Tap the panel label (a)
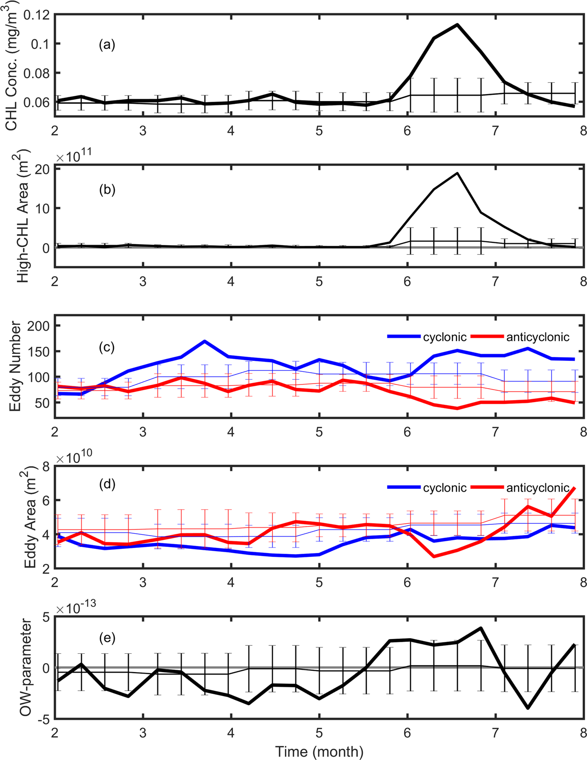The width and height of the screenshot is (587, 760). [x=107, y=45]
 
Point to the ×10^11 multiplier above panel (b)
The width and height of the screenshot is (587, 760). [x=74, y=157]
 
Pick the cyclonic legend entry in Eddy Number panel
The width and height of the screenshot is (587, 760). [x=427, y=337]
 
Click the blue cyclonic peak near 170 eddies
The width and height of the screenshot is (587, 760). [x=204, y=341]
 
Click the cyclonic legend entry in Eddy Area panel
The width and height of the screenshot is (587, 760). [x=427, y=487]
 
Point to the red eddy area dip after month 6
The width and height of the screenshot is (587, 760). [x=434, y=556]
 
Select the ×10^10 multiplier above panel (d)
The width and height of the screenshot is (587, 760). [x=74, y=457]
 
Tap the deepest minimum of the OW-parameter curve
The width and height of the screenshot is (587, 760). [x=528, y=708]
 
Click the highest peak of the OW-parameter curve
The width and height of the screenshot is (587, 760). [x=481, y=628]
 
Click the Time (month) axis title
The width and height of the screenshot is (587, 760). [x=319, y=751]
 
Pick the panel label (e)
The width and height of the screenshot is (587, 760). [x=107, y=638]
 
